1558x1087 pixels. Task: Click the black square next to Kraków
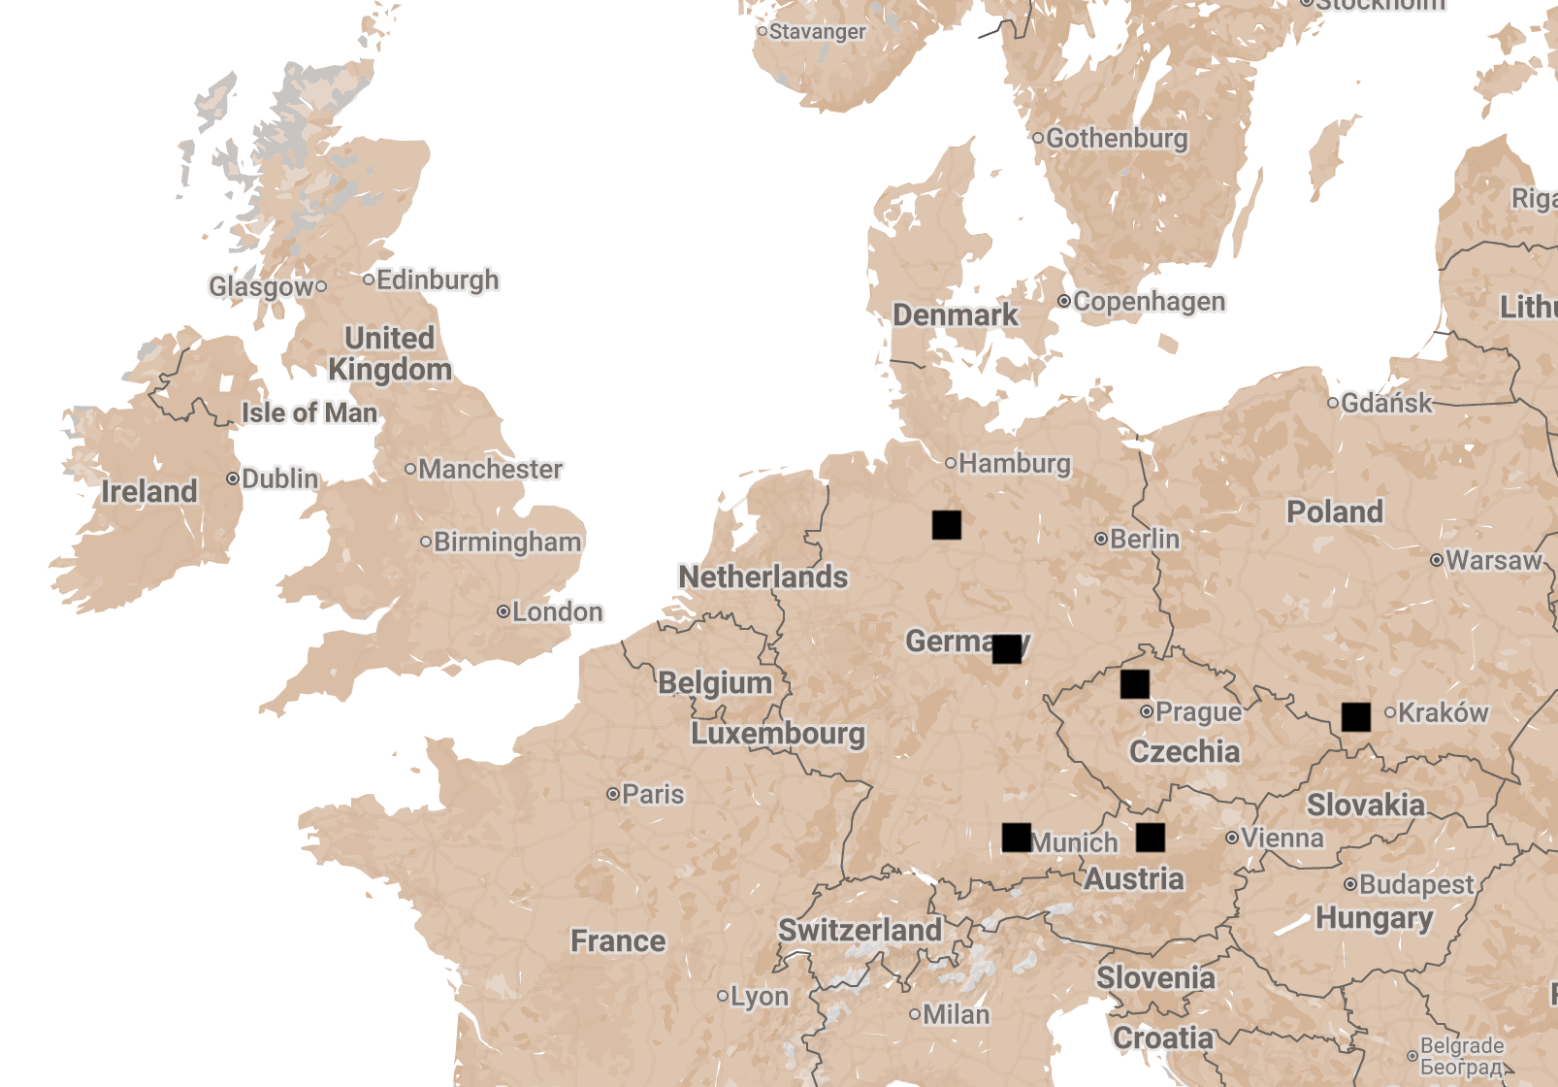tap(1355, 717)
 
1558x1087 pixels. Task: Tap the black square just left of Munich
tap(1016, 838)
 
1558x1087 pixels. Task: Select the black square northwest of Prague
tap(1134, 684)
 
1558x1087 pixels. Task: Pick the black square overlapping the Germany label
tap(1006, 648)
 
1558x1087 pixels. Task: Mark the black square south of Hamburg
tap(946, 525)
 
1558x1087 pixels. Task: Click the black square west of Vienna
tap(1150, 838)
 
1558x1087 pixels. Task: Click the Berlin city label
tap(1145, 539)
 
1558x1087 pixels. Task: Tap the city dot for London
tap(503, 611)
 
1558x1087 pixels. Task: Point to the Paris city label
tap(653, 794)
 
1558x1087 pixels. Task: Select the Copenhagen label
tap(1149, 302)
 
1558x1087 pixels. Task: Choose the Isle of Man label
tap(308, 412)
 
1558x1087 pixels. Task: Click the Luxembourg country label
tap(777, 733)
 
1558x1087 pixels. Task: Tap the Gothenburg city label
tap(1116, 139)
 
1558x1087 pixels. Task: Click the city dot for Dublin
tap(233, 478)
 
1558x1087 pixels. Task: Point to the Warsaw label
tap(1493, 560)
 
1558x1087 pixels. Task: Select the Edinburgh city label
tap(438, 280)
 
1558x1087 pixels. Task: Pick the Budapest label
tap(1415, 884)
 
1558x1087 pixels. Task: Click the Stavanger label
tap(817, 32)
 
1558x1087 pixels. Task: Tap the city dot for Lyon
tap(722, 996)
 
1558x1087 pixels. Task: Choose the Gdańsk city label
tap(1386, 403)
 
